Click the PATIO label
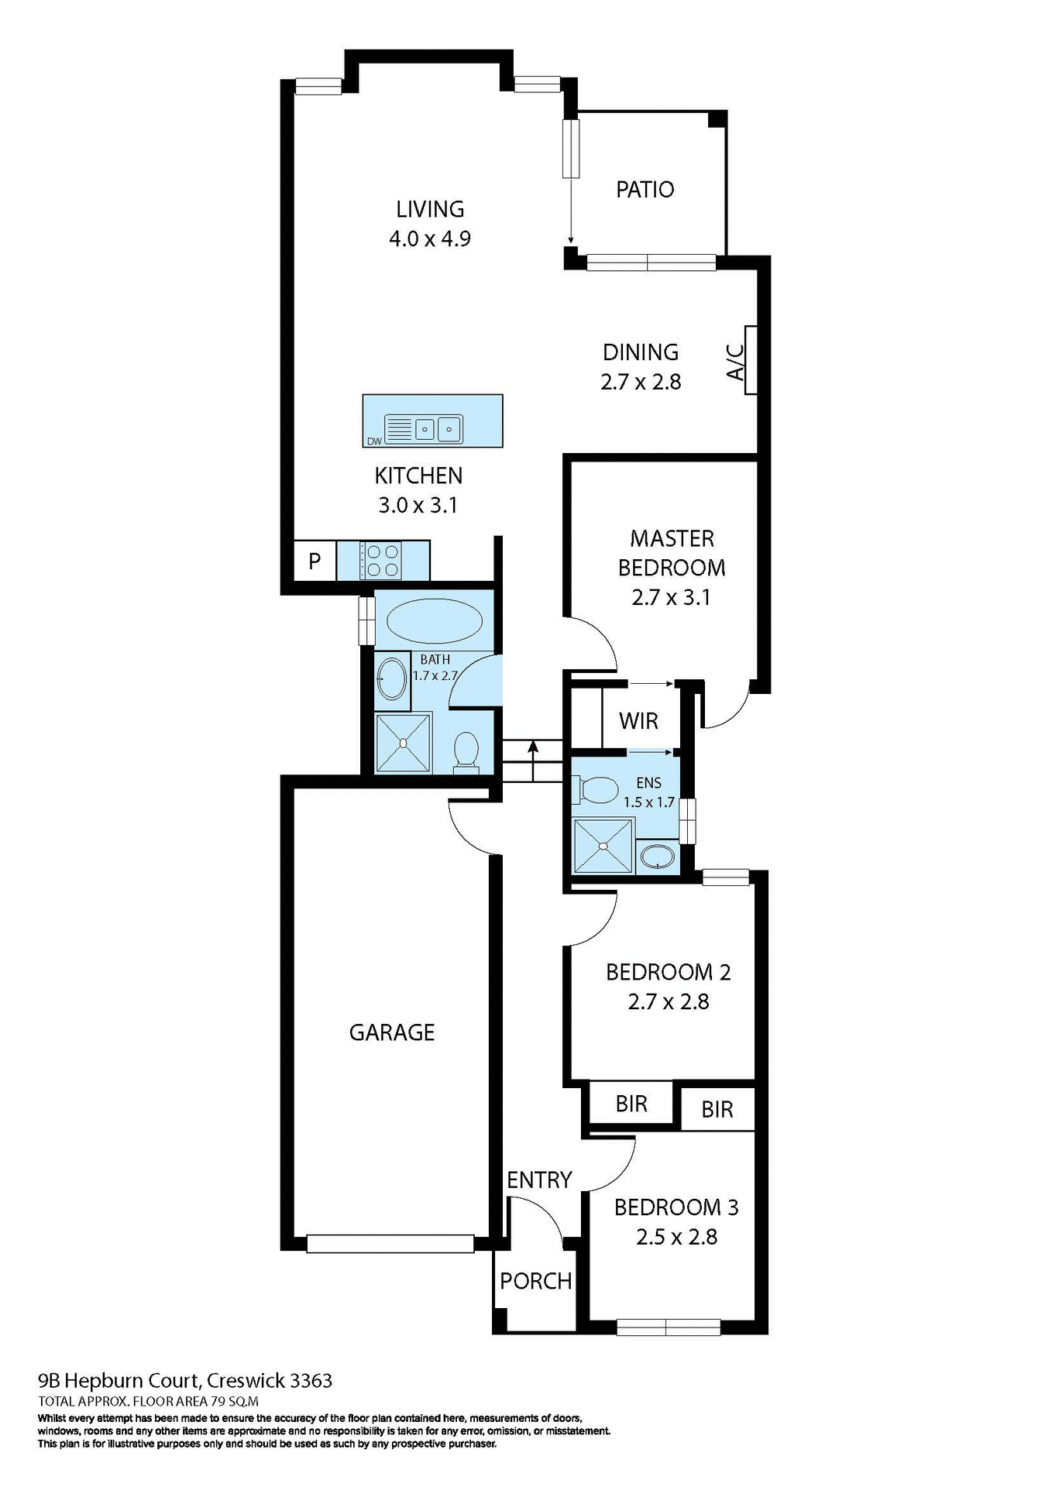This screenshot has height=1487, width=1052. click(x=645, y=189)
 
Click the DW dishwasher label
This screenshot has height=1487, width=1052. click(x=374, y=441)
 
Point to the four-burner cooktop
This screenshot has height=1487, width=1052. click(x=381, y=561)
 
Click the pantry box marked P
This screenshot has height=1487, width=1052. click(x=315, y=561)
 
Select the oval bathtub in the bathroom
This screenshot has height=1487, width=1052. click(x=434, y=620)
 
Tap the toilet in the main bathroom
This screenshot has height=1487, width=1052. click(x=466, y=752)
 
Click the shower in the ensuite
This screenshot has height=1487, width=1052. click(x=603, y=846)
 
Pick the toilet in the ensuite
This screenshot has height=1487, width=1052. click(x=595, y=790)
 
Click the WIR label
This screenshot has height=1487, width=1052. click(x=638, y=721)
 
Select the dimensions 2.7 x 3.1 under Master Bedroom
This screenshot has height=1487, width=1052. click(x=671, y=597)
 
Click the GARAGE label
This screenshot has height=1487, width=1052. click(x=392, y=1032)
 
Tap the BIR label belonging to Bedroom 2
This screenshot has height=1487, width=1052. click(x=631, y=1104)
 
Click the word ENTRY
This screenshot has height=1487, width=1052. click(x=539, y=1180)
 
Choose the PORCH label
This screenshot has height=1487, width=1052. click(x=535, y=1281)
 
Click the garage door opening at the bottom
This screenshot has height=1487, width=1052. click(x=390, y=1243)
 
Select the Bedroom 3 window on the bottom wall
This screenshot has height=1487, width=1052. click(x=668, y=1327)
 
